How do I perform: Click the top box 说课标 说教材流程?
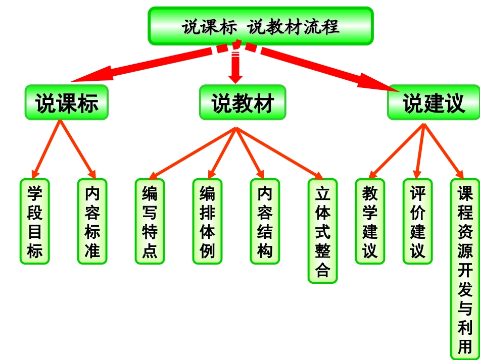260,26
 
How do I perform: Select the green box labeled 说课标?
66,102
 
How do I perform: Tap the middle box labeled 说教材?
242,102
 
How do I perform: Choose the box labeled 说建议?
434,102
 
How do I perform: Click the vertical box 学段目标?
35,221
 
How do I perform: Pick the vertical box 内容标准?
92,221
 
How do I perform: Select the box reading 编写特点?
150,221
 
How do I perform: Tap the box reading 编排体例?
207,221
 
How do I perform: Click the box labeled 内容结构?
265,221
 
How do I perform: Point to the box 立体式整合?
322,231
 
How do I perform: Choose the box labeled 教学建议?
370,221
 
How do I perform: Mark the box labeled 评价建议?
417,221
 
